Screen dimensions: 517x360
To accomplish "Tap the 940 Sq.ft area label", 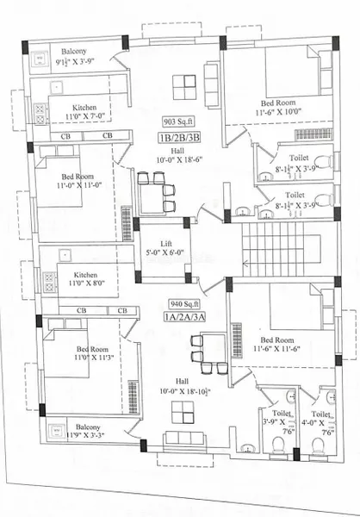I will (186, 304).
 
